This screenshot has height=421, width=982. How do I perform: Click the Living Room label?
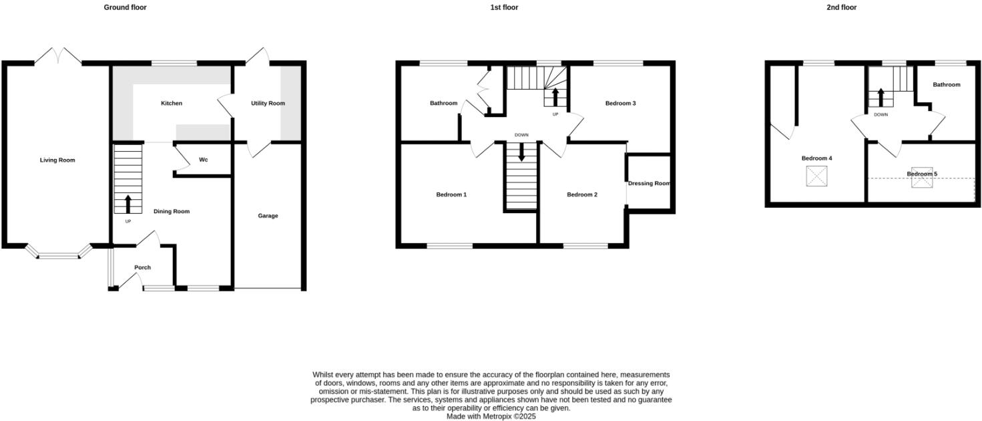[57, 160]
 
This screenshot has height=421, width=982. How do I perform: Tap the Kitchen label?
[172, 104]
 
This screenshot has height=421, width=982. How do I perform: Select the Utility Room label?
[268, 104]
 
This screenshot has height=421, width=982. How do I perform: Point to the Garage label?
[268, 216]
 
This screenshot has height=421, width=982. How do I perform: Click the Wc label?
[204, 160]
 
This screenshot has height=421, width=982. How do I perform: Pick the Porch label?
[142, 268]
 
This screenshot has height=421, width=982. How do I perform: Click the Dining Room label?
[172, 212]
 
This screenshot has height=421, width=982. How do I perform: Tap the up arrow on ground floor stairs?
[128, 204]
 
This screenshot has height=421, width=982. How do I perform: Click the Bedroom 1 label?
[451, 195]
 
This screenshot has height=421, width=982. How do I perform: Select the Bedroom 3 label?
[620, 104]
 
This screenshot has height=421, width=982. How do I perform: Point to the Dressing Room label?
[649, 184]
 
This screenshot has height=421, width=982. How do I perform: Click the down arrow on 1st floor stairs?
[521, 152]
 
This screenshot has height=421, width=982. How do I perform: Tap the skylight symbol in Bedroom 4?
[816, 176]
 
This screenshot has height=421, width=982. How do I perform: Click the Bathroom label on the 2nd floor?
[946, 85]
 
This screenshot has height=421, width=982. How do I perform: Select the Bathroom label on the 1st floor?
[443, 104]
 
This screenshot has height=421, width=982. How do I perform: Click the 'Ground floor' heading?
[125, 7]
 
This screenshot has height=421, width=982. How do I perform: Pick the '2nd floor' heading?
[840, 7]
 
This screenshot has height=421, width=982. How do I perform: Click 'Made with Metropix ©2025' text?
[491, 416]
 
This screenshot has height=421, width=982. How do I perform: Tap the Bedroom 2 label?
[582, 195]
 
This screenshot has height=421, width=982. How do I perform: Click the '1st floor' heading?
[503, 7]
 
